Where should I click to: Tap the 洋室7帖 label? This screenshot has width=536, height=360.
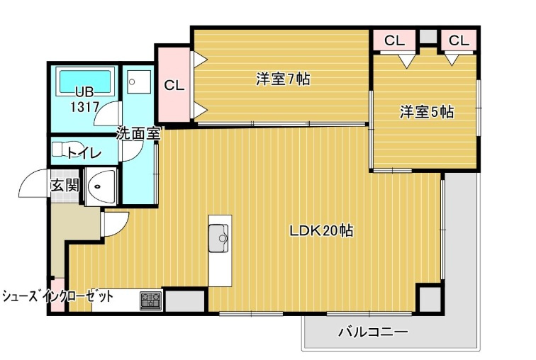283,79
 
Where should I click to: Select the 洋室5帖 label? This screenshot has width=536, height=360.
427,112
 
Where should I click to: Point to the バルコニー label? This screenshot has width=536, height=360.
373,332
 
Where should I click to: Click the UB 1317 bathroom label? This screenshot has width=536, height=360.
84,99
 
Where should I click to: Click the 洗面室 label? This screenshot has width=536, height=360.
138,132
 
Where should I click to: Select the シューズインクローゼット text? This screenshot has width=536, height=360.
57,296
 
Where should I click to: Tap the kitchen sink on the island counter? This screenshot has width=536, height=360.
219,235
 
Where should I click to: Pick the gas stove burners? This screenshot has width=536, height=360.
150,300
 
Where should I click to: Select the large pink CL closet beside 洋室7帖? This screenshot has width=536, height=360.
173,85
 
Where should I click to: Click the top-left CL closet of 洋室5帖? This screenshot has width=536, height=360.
394,41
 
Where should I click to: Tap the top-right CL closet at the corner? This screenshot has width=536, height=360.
459,41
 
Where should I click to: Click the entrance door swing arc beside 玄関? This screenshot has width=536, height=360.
32,186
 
